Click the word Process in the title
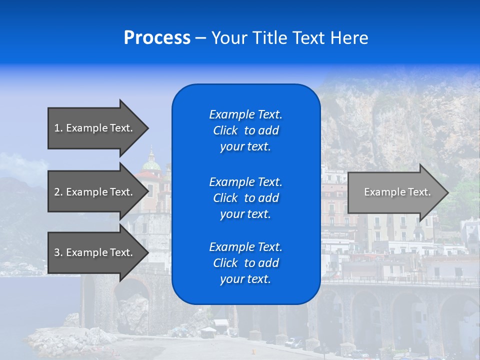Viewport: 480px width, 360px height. click(x=157, y=38)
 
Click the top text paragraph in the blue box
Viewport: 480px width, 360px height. click(x=245, y=130)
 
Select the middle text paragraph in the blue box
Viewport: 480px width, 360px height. click(x=245, y=198)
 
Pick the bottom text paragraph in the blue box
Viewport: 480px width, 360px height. click(x=245, y=263)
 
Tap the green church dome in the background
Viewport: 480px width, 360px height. click(x=151, y=164)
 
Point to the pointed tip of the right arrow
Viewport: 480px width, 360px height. click(x=447, y=192)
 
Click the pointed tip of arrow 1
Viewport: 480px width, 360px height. click(x=147, y=128)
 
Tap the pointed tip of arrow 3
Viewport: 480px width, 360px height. click(x=147, y=252)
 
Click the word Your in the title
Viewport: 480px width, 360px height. click(x=229, y=38)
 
